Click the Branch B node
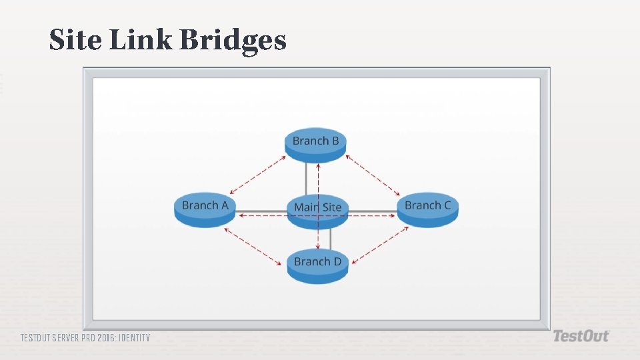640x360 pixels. pos(316,143)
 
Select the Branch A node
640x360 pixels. pos(205,207)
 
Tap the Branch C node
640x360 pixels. pos(427,207)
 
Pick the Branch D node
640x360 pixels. pos(317,263)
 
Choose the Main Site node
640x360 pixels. pos(318,209)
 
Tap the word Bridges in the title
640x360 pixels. pos(233,41)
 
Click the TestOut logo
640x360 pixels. pos(581,336)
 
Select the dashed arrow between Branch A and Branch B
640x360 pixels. pos(257,175)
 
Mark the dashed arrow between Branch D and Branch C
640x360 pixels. pos(380,245)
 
